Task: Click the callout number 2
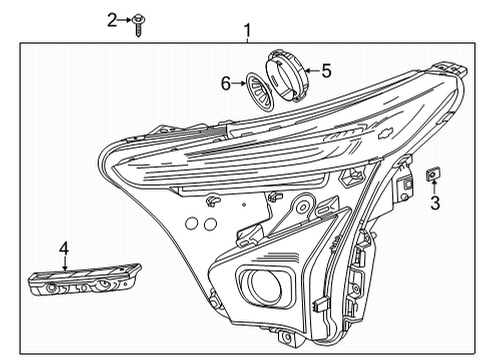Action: tap(113, 19)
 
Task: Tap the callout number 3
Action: tap(435, 203)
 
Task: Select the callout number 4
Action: tap(63, 247)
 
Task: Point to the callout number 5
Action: tap(325, 71)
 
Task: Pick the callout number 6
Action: tap(227, 84)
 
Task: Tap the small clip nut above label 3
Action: tap(434, 175)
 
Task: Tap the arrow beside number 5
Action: tap(310, 72)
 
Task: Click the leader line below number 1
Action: tap(248, 40)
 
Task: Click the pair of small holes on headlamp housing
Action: tap(212, 201)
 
